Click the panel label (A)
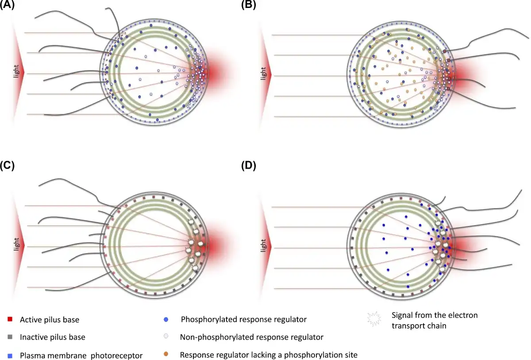[x=7, y=4]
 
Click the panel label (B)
[x=248, y=4]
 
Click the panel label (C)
[x=7, y=165]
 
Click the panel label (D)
[x=248, y=165]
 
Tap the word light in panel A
[x=16, y=71]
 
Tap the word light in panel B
[x=263, y=74]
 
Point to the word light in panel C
[x=16, y=244]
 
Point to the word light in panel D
[x=263, y=245]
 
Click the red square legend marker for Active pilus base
[x=10, y=319]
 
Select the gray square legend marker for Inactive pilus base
[x=10, y=337]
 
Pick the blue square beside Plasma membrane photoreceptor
[x=10, y=356]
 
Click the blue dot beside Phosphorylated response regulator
[x=166, y=319]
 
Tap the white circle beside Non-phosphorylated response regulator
[x=166, y=336]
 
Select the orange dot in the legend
[x=166, y=354]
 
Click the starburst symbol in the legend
[x=374, y=319]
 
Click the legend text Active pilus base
[x=50, y=320]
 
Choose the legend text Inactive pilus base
[x=53, y=337]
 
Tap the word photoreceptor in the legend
[x=117, y=356]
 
